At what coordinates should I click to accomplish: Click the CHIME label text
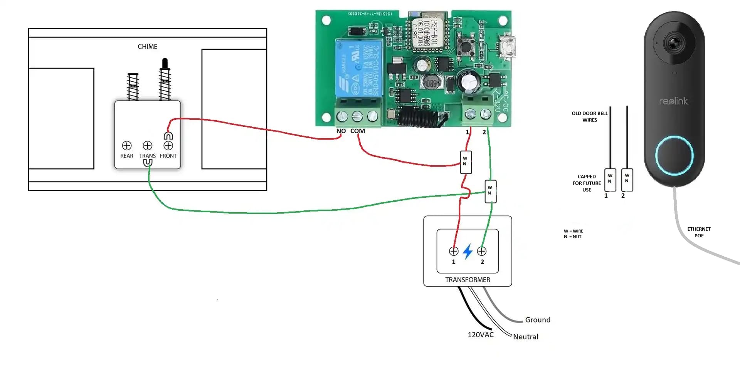(147, 47)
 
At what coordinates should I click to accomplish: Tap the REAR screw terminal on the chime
(127, 146)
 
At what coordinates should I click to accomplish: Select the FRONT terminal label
(168, 156)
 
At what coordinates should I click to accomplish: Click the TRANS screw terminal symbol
(148, 146)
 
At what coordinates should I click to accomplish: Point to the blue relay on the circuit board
(359, 68)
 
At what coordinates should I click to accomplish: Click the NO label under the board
(341, 131)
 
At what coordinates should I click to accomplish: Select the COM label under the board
(358, 131)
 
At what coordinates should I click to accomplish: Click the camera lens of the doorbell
(674, 42)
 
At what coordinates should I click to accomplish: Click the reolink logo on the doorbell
(673, 101)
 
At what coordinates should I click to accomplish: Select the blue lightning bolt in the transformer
(468, 252)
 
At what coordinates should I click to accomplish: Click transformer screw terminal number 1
(454, 252)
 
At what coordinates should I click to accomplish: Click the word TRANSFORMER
(468, 280)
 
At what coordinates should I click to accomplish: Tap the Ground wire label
(538, 320)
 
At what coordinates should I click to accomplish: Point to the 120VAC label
(481, 335)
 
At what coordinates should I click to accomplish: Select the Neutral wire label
(525, 337)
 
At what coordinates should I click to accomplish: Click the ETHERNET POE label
(699, 232)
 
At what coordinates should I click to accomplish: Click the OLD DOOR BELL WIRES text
(589, 117)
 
